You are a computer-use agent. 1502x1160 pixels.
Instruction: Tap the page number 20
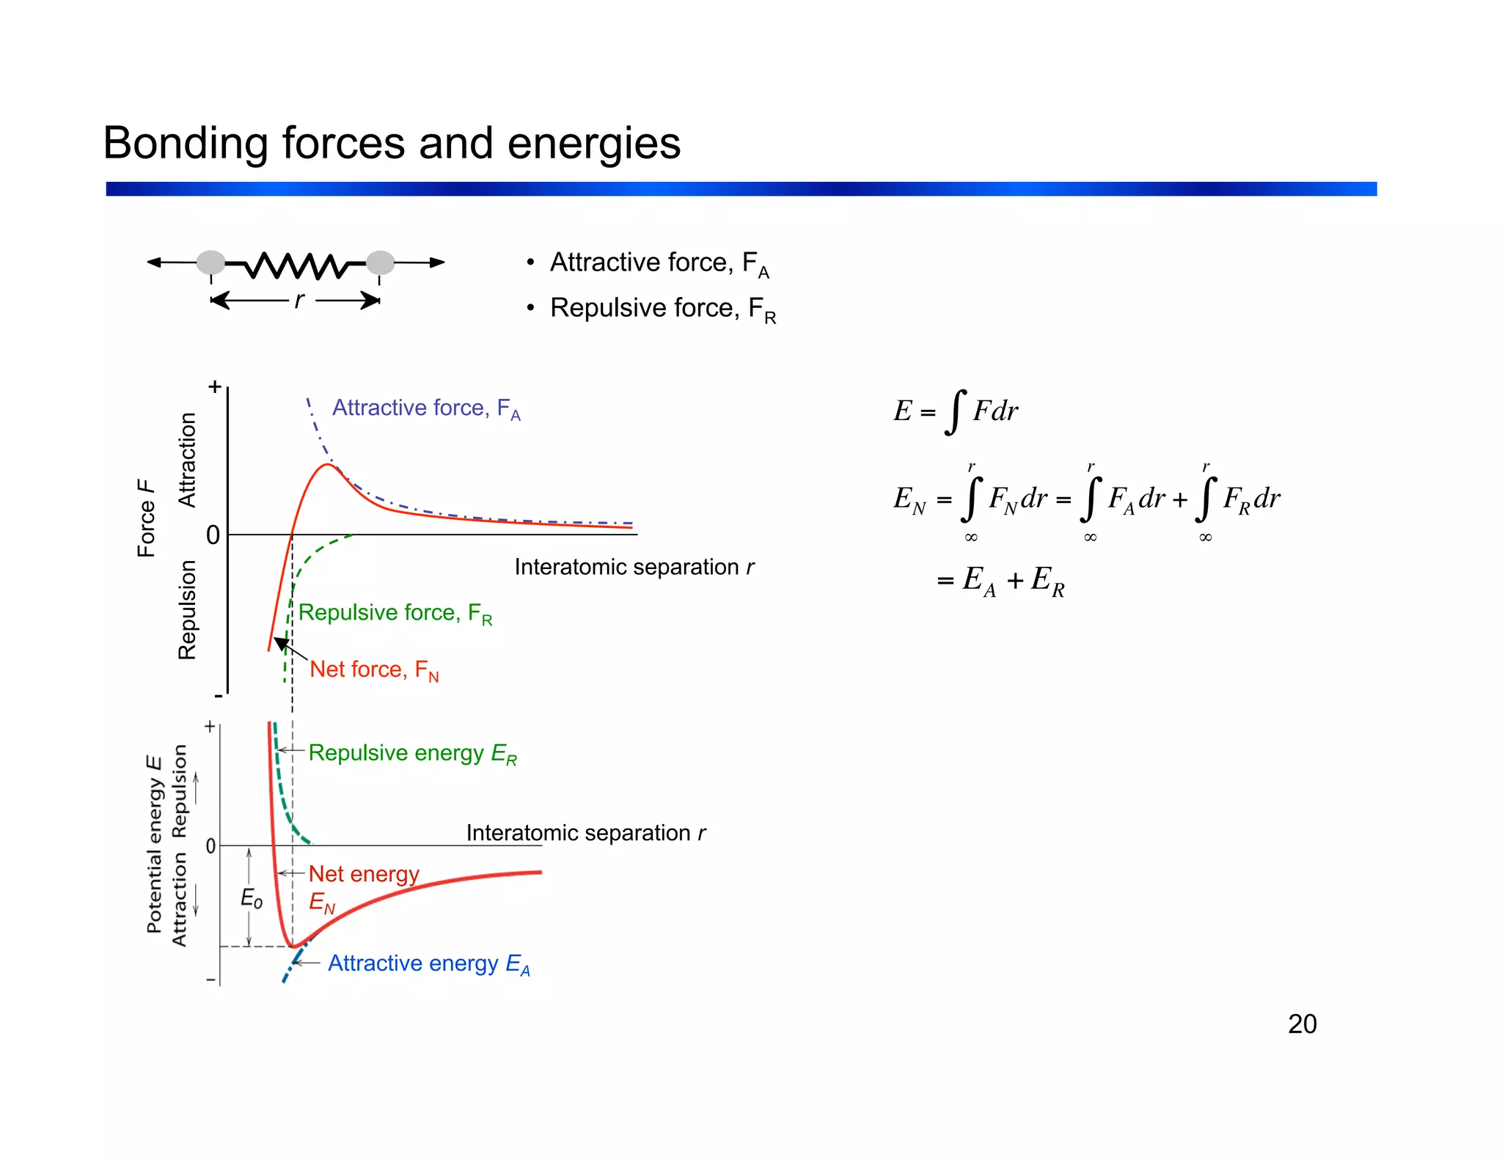click(1302, 1024)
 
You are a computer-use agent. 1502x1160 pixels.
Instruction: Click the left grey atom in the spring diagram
click(211, 263)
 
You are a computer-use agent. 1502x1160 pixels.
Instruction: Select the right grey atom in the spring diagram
click(380, 263)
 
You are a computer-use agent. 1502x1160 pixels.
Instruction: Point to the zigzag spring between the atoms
click(296, 265)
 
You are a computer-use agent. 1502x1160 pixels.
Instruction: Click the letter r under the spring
click(298, 300)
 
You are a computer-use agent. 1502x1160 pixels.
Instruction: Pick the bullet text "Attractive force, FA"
click(659, 263)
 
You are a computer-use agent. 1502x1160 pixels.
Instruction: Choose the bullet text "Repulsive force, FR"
click(662, 309)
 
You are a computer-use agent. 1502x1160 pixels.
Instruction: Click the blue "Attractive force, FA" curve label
click(426, 408)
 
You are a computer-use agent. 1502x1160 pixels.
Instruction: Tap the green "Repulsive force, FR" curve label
click(395, 613)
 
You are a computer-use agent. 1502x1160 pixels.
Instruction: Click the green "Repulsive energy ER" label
click(412, 753)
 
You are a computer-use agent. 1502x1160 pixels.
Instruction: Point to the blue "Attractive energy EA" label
click(428, 963)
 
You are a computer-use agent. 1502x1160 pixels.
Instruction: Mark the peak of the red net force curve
click(327, 465)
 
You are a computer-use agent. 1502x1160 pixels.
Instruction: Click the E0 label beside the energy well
click(252, 898)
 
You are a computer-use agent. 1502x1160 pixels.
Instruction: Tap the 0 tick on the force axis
click(213, 535)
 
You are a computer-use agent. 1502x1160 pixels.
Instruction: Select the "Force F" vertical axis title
click(147, 518)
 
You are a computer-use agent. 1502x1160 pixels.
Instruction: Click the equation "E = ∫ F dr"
click(956, 411)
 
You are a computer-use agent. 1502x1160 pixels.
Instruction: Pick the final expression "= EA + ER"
click(1000, 581)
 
